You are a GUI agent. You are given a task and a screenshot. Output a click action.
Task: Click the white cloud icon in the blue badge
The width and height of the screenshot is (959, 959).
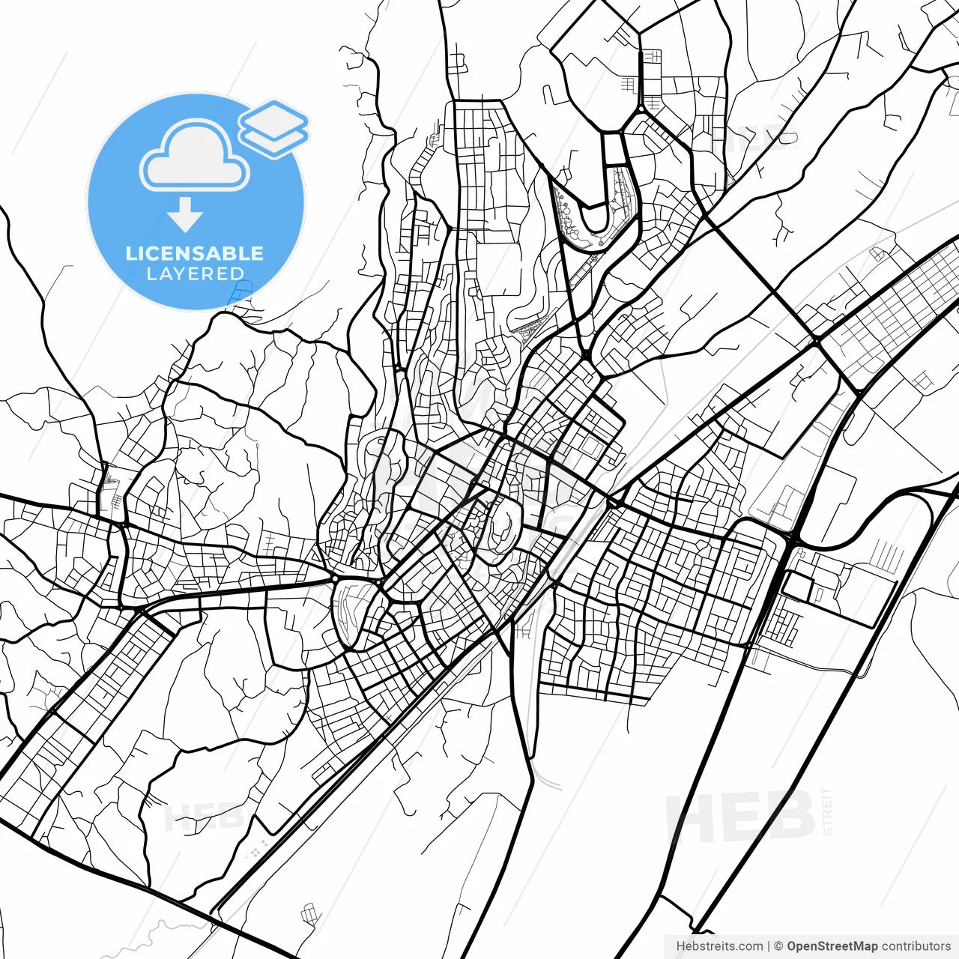click(x=194, y=155)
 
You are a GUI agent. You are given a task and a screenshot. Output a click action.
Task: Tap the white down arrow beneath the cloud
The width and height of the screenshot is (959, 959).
click(x=185, y=216)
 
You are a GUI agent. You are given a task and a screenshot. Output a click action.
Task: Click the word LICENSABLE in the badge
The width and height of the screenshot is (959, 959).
click(x=195, y=253)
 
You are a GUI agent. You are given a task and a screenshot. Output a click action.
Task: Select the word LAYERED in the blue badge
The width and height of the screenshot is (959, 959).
click(x=195, y=274)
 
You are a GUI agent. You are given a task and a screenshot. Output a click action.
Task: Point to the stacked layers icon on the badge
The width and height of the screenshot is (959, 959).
click(x=274, y=128)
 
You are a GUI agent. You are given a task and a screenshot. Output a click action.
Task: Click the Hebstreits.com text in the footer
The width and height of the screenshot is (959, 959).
click(x=719, y=946)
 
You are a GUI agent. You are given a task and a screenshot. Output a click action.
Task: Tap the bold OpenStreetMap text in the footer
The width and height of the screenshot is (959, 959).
click(x=832, y=946)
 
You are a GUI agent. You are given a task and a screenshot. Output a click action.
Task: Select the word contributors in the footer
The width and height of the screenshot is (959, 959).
click(x=916, y=946)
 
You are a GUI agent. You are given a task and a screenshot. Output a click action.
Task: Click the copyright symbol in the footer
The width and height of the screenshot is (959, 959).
click(x=778, y=946)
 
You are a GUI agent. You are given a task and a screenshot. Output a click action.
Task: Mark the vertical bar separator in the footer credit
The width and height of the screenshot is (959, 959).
click(x=769, y=946)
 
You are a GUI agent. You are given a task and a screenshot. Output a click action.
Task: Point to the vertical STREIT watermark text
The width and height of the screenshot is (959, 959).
click(x=827, y=811)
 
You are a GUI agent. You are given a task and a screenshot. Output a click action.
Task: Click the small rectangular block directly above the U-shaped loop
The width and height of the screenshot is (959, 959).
click(x=614, y=148)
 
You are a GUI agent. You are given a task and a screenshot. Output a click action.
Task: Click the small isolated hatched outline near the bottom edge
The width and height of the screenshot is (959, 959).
click(x=309, y=914)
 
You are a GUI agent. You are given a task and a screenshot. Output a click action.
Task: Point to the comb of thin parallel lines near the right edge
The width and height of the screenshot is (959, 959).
click(x=889, y=555)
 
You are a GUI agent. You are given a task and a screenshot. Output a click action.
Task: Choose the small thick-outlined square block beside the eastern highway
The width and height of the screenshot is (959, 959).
click(x=798, y=586)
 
